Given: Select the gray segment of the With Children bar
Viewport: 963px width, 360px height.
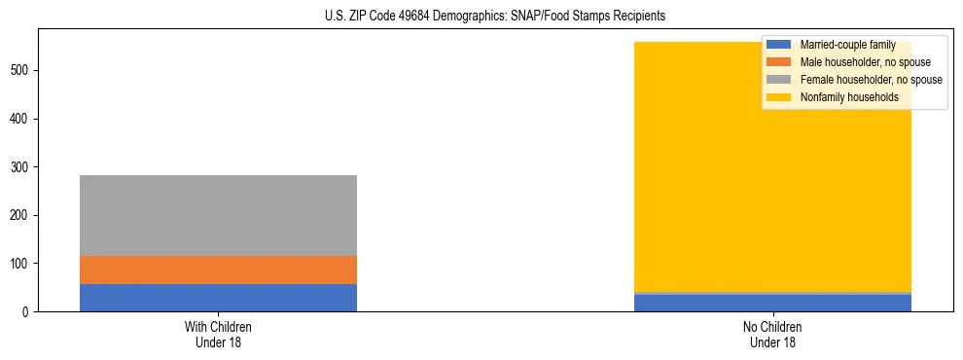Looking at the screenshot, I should tap(218, 215).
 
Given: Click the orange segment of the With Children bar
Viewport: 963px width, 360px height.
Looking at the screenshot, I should tap(218, 270).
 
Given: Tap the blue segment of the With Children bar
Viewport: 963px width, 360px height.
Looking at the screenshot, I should tap(218, 298).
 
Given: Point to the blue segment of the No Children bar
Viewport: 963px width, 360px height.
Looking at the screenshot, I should tap(772, 303).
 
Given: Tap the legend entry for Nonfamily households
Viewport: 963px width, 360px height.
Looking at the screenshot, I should tap(842, 97).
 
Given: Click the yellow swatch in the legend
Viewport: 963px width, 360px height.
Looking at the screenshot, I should tap(779, 97).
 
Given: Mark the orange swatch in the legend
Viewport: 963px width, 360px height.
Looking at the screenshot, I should tap(779, 62).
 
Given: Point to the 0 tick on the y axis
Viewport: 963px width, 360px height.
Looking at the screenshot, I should tap(26, 311).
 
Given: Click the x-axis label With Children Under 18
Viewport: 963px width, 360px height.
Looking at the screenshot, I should tap(218, 334).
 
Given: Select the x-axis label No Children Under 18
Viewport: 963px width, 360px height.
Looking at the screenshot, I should tap(772, 334).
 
